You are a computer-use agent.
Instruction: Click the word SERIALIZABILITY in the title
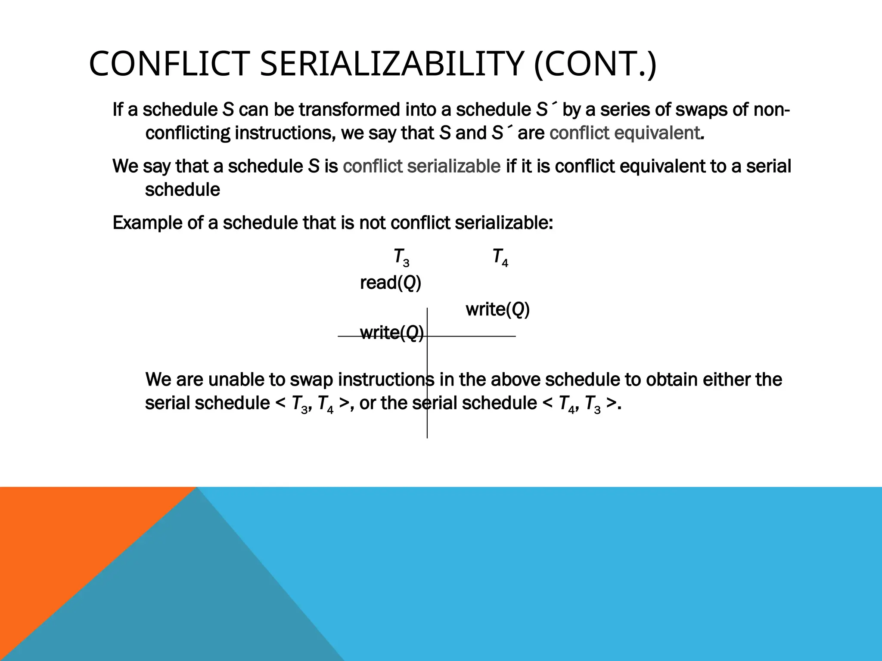tap(391, 64)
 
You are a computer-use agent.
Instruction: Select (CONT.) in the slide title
tap(595, 64)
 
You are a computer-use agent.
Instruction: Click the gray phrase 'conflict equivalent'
tap(624, 133)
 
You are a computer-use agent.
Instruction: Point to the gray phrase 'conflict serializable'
tap(421, 166)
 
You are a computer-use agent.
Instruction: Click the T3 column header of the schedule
tap(401, 258)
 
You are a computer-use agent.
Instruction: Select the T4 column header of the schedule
tap(500, 258)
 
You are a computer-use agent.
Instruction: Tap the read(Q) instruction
tap(390, 283)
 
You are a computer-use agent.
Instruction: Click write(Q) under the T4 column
tap(497, 309)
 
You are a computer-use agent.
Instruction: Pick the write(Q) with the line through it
tap(391, 333)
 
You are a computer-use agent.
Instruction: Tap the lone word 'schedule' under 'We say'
tap(182, 190)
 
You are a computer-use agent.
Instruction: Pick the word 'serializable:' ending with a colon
tap(503, 223)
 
